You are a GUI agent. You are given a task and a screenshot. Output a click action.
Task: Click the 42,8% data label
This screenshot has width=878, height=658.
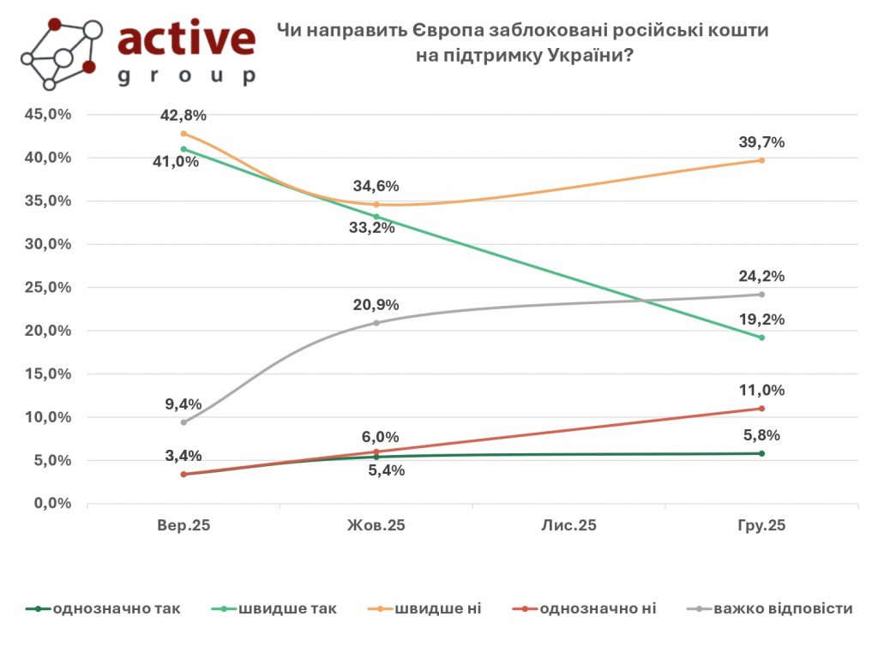(x=183, y=116)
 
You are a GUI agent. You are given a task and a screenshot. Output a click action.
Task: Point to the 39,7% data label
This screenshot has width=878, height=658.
(x=761, y=142)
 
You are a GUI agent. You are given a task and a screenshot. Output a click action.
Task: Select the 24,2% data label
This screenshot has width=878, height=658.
(x=761, y=276)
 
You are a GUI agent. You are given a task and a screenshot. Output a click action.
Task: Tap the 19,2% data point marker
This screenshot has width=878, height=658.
(x=761, y=338)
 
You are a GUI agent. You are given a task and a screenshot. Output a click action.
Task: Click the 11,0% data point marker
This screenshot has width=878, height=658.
(x=761, y=408)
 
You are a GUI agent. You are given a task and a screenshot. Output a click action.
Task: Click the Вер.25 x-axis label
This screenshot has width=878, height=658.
(x=183, y=525)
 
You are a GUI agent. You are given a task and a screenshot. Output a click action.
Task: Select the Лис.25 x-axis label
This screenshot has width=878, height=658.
(x=568, y=525)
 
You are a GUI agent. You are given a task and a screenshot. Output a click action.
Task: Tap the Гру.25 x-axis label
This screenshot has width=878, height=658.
(x=761, y=525)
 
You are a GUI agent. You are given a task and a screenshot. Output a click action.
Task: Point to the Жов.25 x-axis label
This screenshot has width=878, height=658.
(x=376, y=525)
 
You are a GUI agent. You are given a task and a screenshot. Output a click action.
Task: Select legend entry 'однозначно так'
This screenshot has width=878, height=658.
(x=116, y=609)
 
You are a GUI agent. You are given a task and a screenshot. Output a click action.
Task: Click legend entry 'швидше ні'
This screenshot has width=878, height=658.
(x=437, y=609)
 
